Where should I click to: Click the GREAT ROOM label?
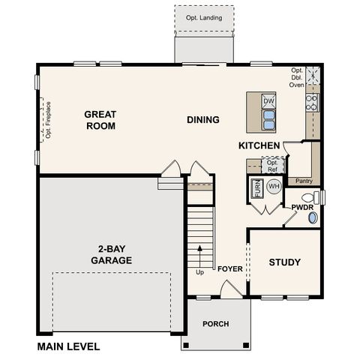tap(100, 120)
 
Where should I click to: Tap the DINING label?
tap(202, 119)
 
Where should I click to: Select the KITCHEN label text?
tap(259, 145)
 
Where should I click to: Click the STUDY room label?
tap(285, 262)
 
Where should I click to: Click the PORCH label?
tap(216, 324)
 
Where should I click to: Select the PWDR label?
tap(302, 205)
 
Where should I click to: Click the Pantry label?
tap(304, 181)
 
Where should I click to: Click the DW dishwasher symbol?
tap(268, 101)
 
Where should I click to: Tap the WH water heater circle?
tap(274, 185)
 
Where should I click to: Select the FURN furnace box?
tap(256, 189)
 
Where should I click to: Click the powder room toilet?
tap(313, 218)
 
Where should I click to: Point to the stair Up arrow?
tap(199, 255)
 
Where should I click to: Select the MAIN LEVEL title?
tap(68, 347)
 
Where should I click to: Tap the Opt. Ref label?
tap(273, 165)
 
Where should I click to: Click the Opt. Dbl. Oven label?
tap(297, 77)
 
